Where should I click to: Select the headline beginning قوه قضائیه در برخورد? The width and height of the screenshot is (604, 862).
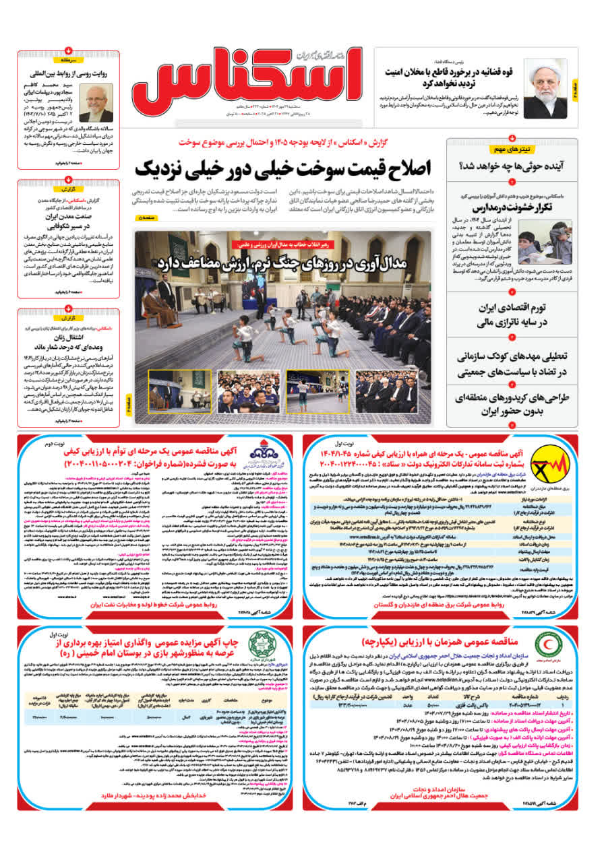[x=450, y=77]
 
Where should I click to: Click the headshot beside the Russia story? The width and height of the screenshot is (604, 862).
[x=96, y=102]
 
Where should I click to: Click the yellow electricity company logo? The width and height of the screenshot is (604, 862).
[x=559, y=465]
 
